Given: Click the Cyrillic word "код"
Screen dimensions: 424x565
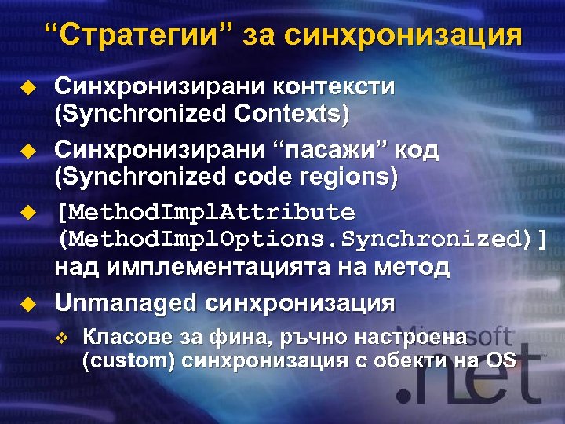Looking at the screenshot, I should [x=416, y=150].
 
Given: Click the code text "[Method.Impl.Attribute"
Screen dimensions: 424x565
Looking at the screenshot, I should [x=205, y=213].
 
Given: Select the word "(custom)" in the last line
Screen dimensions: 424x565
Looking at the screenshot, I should [x=129, y=360].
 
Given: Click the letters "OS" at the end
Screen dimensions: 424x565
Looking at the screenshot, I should [x=499, y=360].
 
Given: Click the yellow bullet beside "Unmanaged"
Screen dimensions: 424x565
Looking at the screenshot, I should [x=28, y=302].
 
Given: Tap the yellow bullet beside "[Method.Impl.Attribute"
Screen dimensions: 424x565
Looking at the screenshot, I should [x=28, y=213].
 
